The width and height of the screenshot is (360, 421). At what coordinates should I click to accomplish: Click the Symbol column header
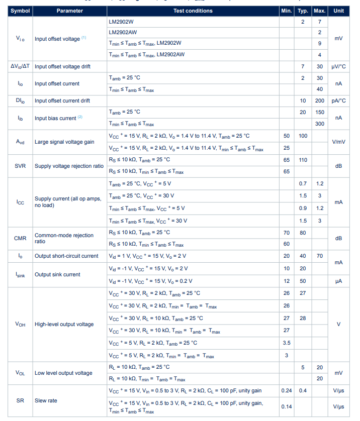coord(20,11)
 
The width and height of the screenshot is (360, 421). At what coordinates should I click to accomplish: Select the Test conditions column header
coord(193,11)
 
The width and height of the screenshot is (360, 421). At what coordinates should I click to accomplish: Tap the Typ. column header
coord(303,11)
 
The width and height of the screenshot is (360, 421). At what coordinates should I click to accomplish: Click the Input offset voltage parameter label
coord(57,39)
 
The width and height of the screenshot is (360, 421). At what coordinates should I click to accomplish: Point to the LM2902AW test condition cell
coord(123,32)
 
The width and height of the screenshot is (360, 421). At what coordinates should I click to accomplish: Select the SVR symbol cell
coord(20,166)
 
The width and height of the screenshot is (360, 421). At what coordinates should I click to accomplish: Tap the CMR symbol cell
coord(20,238)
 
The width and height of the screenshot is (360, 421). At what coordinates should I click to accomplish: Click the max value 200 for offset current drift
coord(319,100)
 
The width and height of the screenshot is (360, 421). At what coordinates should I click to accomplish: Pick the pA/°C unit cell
coord(338,100)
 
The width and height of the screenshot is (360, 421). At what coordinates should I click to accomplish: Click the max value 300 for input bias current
coord(319,124)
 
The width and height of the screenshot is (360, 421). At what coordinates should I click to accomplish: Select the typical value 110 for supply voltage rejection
coord(303,160)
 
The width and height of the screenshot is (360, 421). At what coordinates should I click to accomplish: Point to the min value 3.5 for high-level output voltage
coord(287,343)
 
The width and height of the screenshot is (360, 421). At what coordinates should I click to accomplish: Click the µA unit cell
coord(338,281)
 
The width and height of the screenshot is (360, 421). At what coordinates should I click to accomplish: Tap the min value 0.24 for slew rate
coord(287,390)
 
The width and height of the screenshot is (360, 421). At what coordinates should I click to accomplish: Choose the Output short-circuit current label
coord(66,256)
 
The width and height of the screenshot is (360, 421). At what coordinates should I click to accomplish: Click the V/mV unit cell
coord(338,142)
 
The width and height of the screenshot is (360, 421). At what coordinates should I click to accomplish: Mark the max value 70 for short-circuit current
coord(319,256)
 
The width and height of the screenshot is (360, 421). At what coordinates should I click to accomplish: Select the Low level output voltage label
coord(63,373)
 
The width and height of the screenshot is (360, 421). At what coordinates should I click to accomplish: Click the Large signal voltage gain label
coord(64,142)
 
